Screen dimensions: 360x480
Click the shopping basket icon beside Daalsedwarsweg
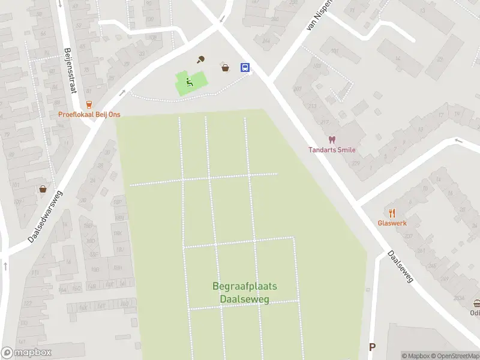(x=43, y=189)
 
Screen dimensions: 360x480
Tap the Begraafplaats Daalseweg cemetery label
(x=240, y=293)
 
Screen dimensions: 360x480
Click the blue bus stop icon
(x=245, y=67)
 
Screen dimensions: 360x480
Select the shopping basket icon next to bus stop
(x=226, y=68)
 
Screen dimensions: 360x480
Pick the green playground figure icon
(x=190, y=83)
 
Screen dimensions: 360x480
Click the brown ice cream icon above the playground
(x=202, y=59)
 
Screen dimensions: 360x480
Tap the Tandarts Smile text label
(x=332, y=150)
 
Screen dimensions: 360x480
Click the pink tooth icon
(x=332, y=140)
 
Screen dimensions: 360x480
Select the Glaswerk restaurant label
(x=392, y=223)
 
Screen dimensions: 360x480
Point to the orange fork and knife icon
(x=392, y=212)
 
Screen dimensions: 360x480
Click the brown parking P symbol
(x=372, y=347)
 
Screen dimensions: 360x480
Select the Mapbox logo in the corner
(x=26, y=353)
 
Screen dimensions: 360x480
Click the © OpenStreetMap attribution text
(x=454, y=356)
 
